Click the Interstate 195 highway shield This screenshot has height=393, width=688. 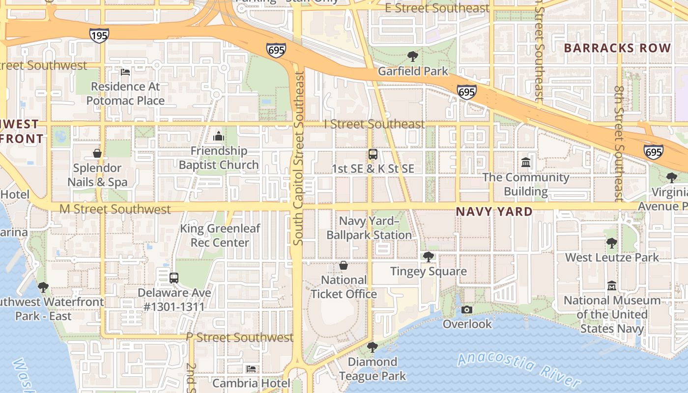coord(99,35)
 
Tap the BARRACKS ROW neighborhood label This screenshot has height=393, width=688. coord(617,48)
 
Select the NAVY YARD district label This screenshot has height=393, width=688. coord(494,212)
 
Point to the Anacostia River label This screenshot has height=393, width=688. coord(519,368)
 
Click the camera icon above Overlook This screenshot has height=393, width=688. coord(467,309)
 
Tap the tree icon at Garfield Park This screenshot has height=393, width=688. coord(413,56)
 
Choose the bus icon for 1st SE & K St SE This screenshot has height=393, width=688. coord(373,154)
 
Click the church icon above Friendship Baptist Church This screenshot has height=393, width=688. coord(219,136)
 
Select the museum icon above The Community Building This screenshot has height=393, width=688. coord(526,162)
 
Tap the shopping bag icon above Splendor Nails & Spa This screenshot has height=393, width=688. coord(97,153)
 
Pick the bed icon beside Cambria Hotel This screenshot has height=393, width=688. coord(251,368)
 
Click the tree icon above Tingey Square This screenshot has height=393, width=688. coord(429,256)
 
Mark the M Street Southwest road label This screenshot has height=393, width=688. coord(115,209)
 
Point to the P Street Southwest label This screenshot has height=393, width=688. coord(240,337)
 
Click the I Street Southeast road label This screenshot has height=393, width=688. coord(374,124)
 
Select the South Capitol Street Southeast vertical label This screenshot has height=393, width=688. coord(298,158)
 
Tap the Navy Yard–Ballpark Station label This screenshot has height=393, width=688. coord(370,228)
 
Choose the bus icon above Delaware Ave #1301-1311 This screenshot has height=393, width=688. coord(174,278)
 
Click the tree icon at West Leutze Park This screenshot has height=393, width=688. coord(611,243)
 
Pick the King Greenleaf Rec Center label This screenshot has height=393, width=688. coord(220,235)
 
